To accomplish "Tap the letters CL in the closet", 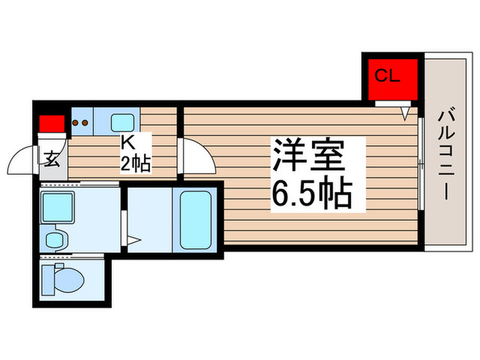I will [387, 75].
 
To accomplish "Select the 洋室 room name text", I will [309, 156].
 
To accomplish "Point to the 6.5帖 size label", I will [312, 194].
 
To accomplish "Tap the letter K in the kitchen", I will [128, 143].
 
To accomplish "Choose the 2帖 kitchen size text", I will [136, 164].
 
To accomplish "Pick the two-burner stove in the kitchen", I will [82, 124].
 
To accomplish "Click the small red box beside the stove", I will [51, 124].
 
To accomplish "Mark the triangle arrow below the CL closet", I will [406, 110].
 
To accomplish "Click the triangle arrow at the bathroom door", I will [135, 241].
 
